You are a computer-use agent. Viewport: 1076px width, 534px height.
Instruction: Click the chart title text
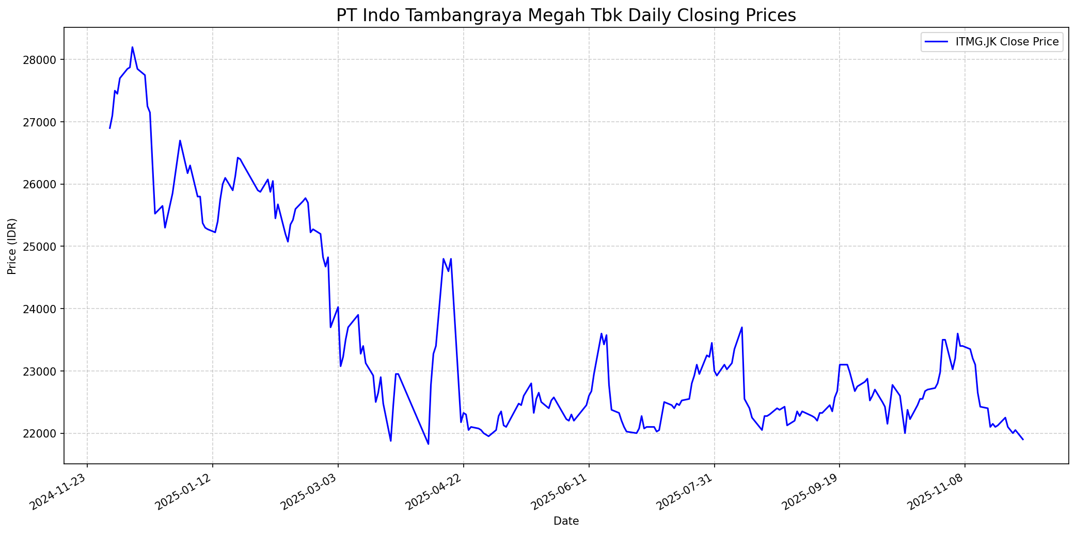coord(566,15)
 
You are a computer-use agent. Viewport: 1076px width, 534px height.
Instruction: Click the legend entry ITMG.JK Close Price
coord(1007,42)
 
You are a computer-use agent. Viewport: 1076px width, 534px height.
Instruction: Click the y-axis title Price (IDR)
coord(12,247)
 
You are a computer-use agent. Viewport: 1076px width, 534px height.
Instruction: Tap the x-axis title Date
coord(566,521)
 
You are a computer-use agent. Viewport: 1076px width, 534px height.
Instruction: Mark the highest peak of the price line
coord(132,47)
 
